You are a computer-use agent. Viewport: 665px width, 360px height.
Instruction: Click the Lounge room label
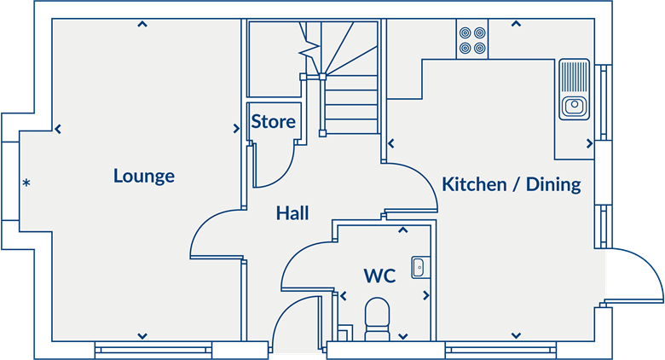coord(144,177)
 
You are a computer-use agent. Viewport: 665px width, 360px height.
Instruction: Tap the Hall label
coord(292,213)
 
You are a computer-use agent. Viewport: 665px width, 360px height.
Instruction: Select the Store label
coord(273,121)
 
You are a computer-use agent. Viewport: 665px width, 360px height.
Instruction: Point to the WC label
coord(379,276)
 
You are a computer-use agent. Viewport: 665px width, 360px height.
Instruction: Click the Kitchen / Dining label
coord(512,183)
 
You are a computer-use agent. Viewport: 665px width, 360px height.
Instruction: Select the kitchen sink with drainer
coord(573,89)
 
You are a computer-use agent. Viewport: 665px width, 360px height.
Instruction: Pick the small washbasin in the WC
coord(418,267)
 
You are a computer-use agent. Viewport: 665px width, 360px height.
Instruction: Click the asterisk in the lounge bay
coord(26,183)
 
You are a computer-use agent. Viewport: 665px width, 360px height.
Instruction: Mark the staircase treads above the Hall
coord(350,94)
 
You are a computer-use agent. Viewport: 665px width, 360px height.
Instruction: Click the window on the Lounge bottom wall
coord(153,349)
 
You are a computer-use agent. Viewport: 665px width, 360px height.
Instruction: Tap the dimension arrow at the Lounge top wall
coord(142,25)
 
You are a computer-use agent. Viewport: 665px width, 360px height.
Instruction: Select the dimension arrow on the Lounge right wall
coord(235,130)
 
